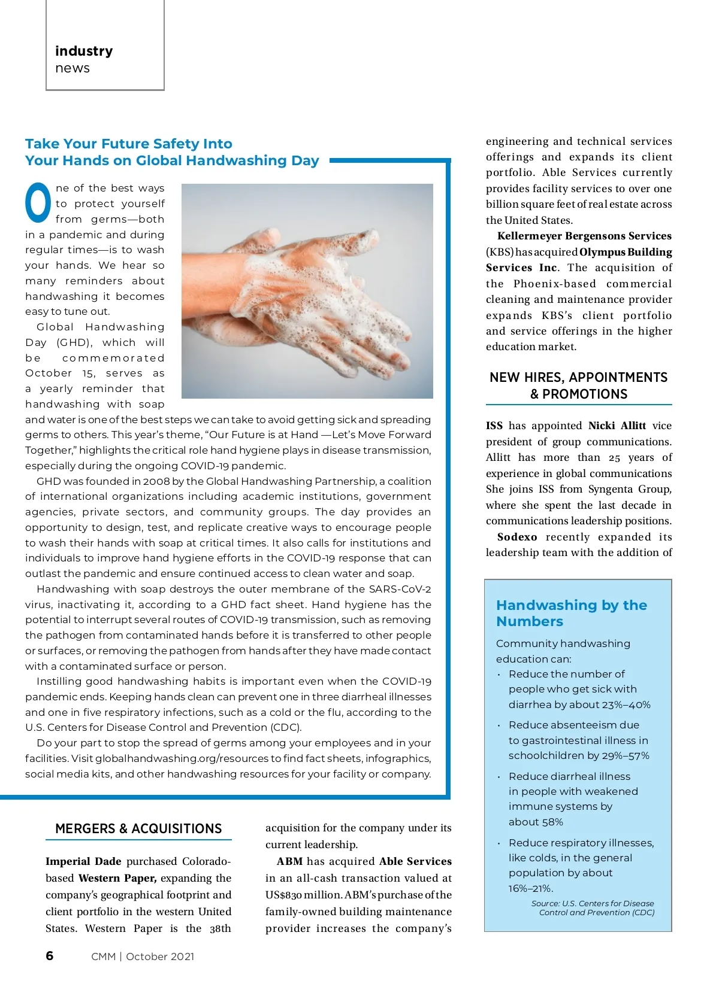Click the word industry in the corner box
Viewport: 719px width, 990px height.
pos(84,51)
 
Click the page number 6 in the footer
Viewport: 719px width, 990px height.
pos(50,956)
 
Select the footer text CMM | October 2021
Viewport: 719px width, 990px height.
pos(143,956)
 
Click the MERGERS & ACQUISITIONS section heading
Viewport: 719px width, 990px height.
pos(138,829)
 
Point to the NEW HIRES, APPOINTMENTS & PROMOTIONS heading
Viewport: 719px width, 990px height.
pos(578,385)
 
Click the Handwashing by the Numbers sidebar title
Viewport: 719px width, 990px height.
pos(571,613)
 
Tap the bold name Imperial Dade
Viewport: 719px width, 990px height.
pos(83,861)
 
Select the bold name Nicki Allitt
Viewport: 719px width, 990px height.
pos(617,426)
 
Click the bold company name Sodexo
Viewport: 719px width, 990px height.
pos(516,537)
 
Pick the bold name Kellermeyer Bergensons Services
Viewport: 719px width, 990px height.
pos(584,236)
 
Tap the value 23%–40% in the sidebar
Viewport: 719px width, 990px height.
pos(627,704)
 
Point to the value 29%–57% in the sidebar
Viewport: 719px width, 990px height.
pos(626,755)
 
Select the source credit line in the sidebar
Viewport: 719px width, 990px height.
pos(593,908)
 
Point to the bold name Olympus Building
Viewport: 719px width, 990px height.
pos(626,252)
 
